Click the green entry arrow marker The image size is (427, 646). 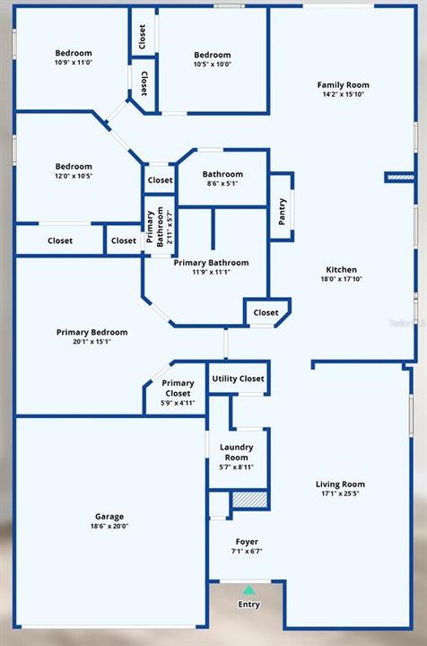pos(248,590)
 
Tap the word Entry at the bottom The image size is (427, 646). pos(248,605)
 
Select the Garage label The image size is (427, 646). pos(109,517)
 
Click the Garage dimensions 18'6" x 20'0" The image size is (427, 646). pos(109,527)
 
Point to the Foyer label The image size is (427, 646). pos(247,542)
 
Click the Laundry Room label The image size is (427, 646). pos(237,451)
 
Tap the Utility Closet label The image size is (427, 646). pos(238,379)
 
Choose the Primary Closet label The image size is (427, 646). pos(178,388)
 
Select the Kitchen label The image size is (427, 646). pos(341,269)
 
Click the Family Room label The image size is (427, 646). pos(343,85)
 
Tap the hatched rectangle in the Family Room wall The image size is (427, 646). pos(399,178)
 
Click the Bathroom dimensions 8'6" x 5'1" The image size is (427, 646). pos(222,184)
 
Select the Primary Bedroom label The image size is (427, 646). pos(91,332)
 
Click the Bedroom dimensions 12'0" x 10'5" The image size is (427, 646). pos(74,176)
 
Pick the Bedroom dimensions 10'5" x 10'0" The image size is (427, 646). pos(213,65)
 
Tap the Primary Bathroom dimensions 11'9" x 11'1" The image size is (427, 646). pos(211,272)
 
